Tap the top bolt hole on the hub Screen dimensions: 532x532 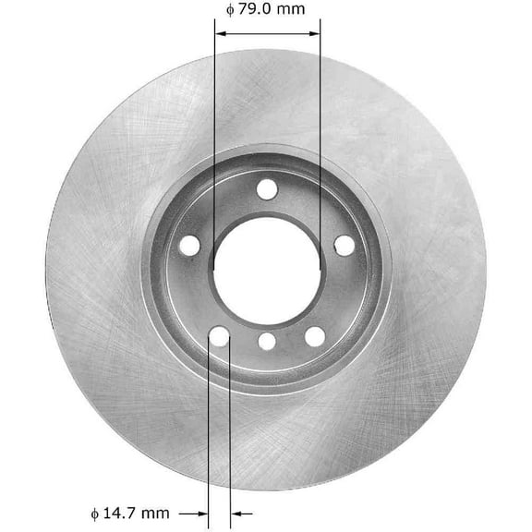[x=267, y=189]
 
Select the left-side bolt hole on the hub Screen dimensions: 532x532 [x=189, y=246]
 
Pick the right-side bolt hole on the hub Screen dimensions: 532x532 [x=344, y=246]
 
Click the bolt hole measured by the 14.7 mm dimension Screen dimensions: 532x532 [x=219, y=337]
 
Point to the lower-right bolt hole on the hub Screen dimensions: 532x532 [x=314, y=337]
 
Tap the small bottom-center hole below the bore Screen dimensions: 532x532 [x=267, y=342]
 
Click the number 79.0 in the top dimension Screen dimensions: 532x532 [x=257, y=10]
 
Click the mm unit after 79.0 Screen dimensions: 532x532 [x=293, y=10]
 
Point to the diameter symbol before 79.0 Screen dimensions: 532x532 [x=229, y=11]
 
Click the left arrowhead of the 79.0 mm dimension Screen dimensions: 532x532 [x=220, y=32]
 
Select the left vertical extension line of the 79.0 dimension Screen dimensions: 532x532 [x=214, y=139]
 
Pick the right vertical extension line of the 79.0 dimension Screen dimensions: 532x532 [x=320, y=139]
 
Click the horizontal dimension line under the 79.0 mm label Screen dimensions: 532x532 [x=268, y=32]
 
